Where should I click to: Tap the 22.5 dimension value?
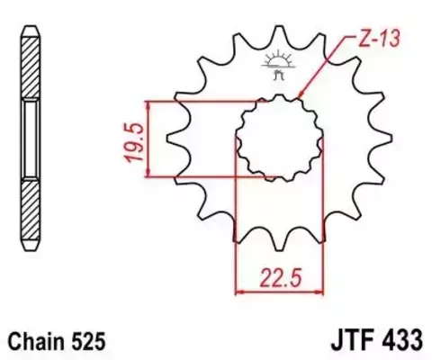pyautogui.click(x=280, y=274)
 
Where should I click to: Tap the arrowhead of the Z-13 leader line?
pyautogui.click(x=299, y=97)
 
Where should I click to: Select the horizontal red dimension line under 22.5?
pyautogui.click(x=280, y=291)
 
